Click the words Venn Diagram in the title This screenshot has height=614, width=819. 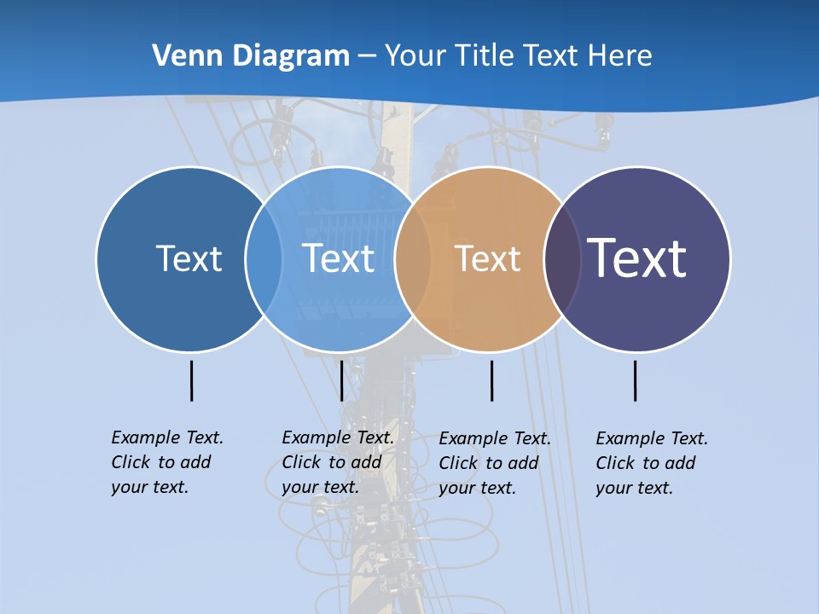pos(251,56)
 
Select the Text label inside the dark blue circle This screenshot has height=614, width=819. pos(189,258)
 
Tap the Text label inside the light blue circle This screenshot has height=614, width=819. pos(339,258)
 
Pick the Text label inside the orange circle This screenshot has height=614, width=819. pos(487,258)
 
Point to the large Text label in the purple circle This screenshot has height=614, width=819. pos(637,258)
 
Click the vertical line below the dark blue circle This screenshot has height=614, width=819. pos(192,380)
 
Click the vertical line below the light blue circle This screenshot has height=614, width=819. pos(341,380)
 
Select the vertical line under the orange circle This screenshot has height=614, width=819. pos(491,380)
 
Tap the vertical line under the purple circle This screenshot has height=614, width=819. pos(636,380)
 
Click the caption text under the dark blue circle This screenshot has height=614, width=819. pos(166,462)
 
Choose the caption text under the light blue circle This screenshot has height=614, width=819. pos(338,462)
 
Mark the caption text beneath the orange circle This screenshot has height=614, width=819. pos(495,463)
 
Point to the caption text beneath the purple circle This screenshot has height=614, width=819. pos(652,463)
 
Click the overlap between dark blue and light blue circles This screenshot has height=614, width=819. pos(264,258)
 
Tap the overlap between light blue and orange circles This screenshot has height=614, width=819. pos(413,258)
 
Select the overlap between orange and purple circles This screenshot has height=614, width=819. pos(562,258)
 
